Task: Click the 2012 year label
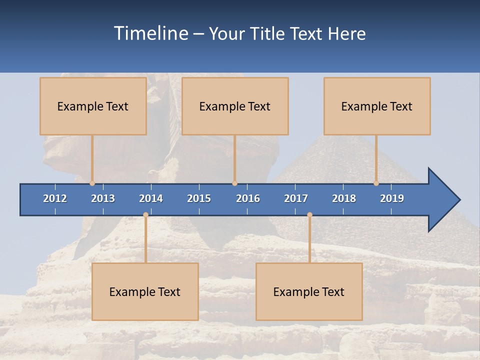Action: (55, 198)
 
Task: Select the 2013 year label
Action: (103, 198)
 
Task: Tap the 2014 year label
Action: (151, 198)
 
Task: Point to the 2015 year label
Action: (199, 198)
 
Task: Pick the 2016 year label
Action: (248, 198)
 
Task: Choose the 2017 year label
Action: (296, 198)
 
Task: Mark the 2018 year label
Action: (344, 198)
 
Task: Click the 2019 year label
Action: (392, 198)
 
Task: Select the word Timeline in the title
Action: (150, 33)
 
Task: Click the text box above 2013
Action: (93, 106)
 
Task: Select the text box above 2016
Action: (235, 106)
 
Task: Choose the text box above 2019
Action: (377, 106)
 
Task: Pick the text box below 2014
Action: (145, 291)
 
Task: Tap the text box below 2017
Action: (309, 291)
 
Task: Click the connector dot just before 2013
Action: (92, 183)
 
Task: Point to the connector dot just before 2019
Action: (376, 183)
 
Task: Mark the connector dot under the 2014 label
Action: (145, 215)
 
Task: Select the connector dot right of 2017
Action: (309, 215)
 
